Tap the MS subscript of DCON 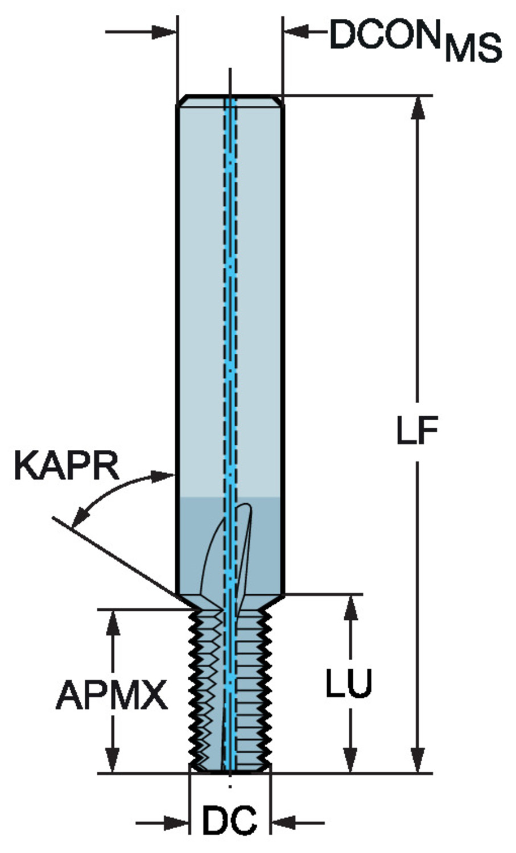(473, 49)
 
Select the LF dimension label (417, 431)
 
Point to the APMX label (112, 695)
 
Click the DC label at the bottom (230, 821)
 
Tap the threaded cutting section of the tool (230, 688)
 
